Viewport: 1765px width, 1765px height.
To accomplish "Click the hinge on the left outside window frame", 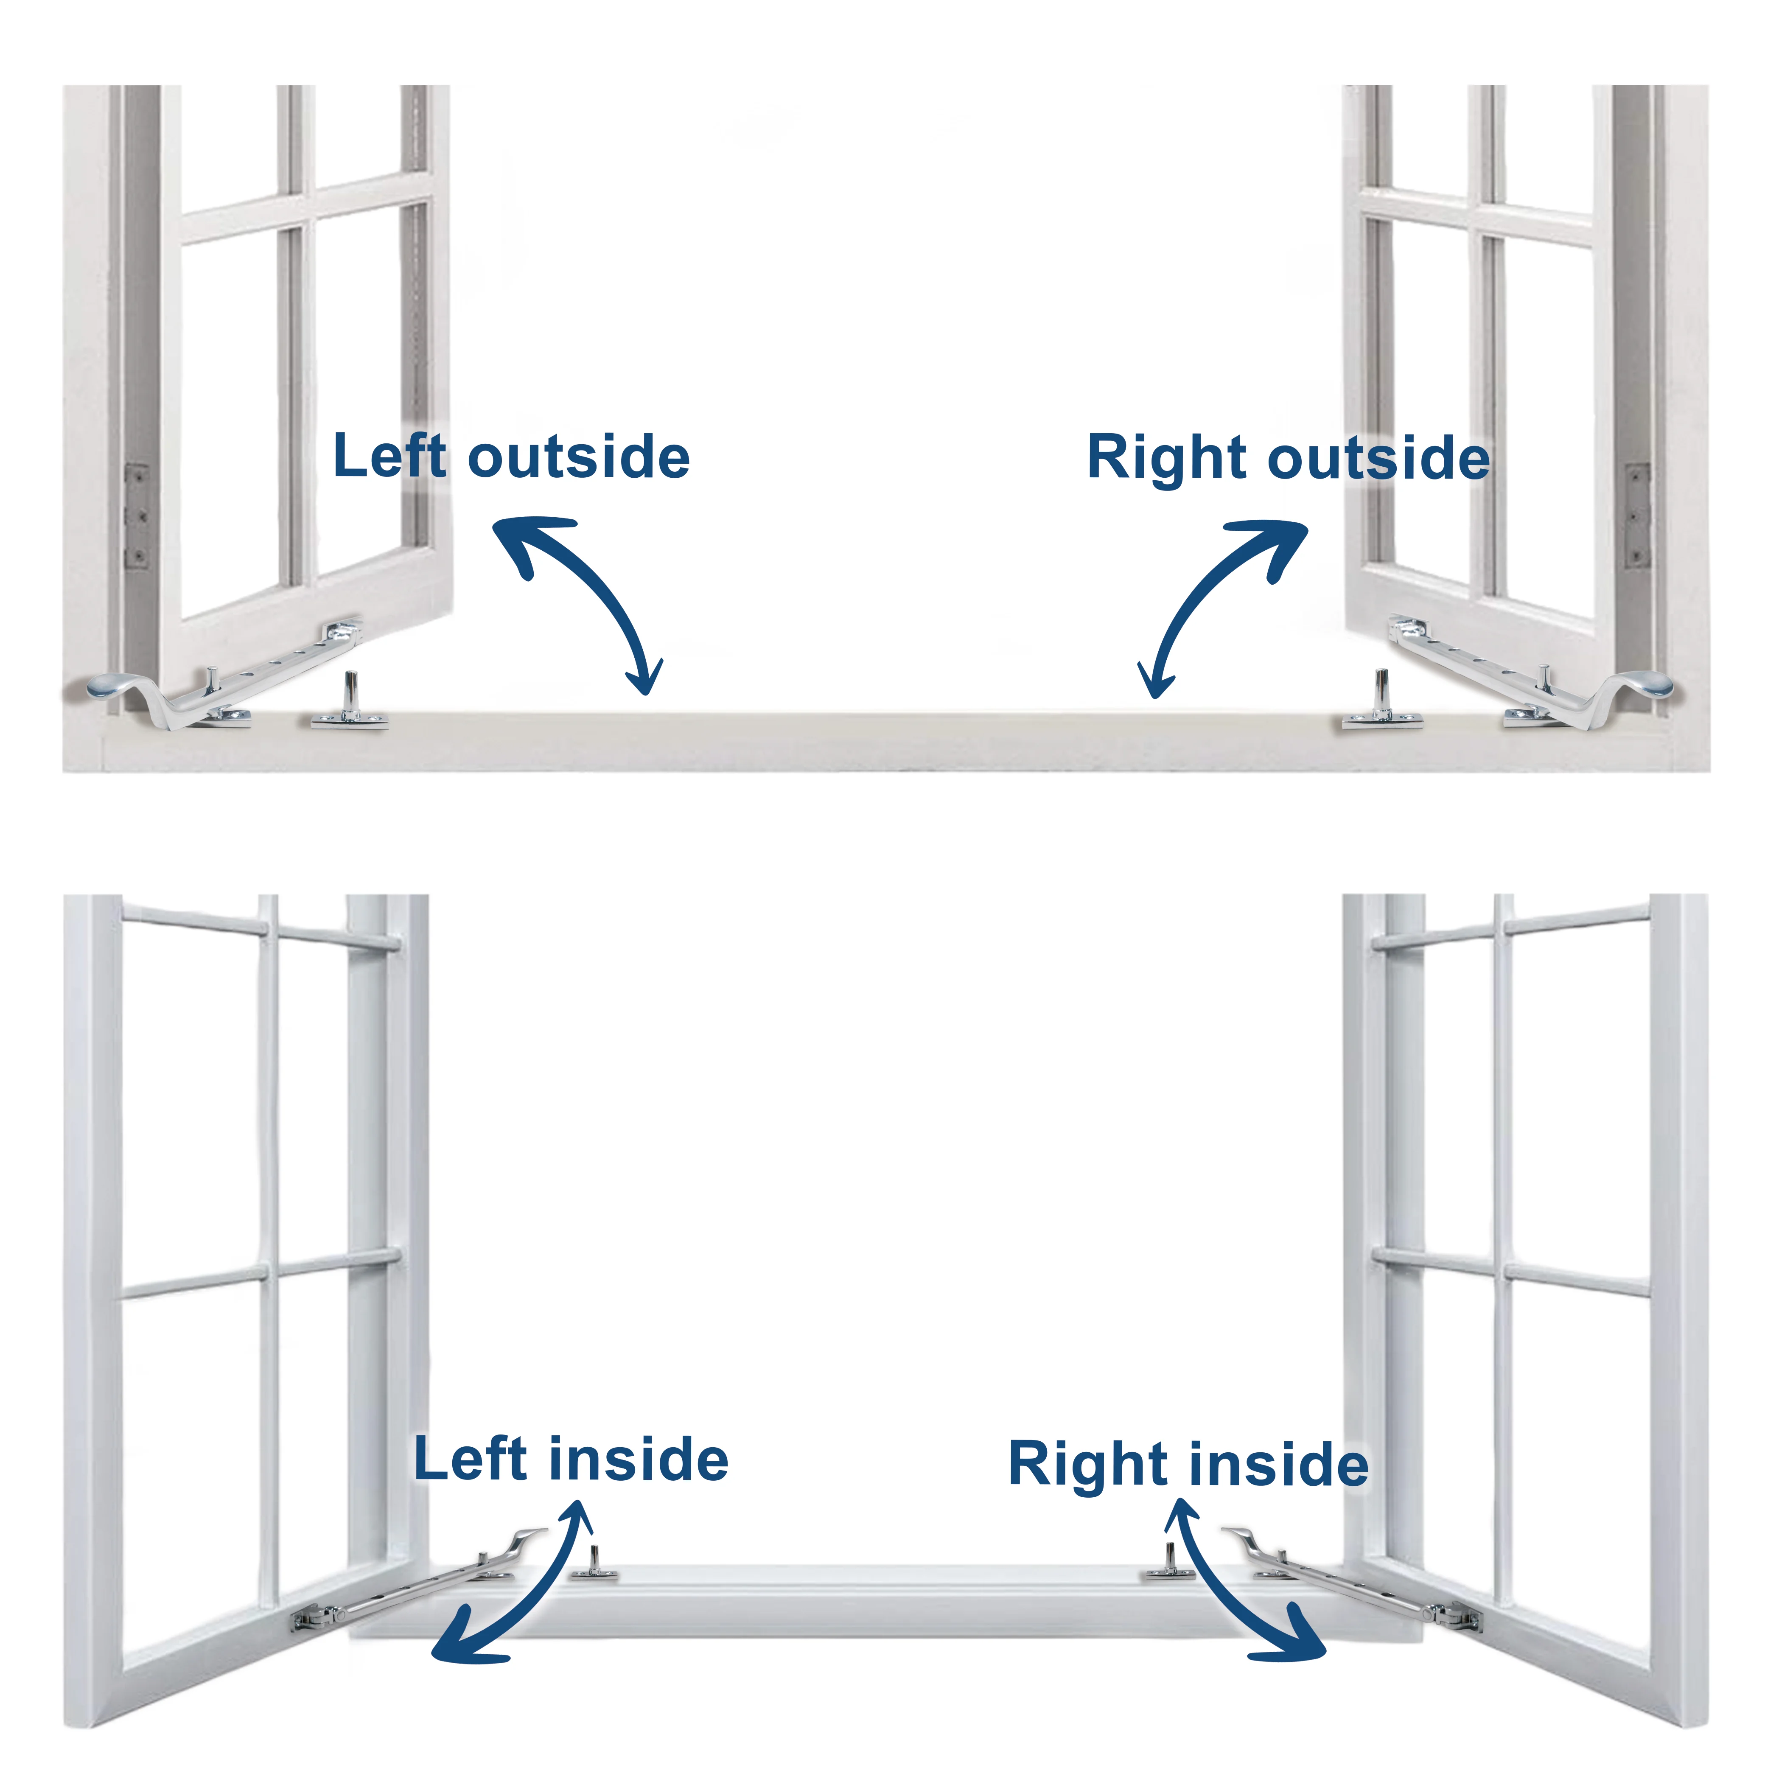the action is click(x=136, y=516).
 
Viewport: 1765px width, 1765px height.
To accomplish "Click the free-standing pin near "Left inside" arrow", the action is click(x=594, y=1564).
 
